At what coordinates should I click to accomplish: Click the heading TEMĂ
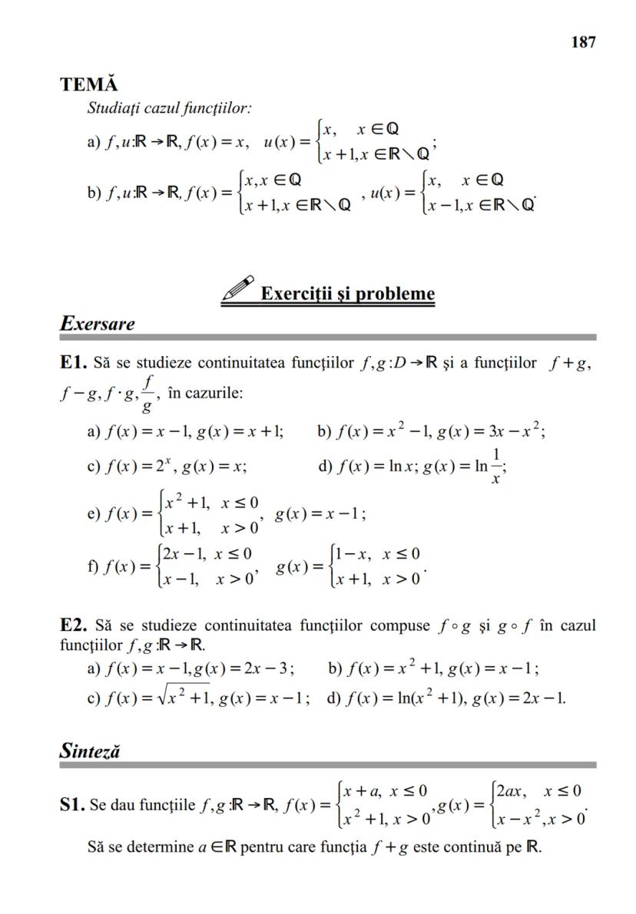click(x=88, y=84)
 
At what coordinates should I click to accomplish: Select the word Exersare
click(x=97, y=323)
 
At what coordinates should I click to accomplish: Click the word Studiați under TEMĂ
click(x=113, y=108)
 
